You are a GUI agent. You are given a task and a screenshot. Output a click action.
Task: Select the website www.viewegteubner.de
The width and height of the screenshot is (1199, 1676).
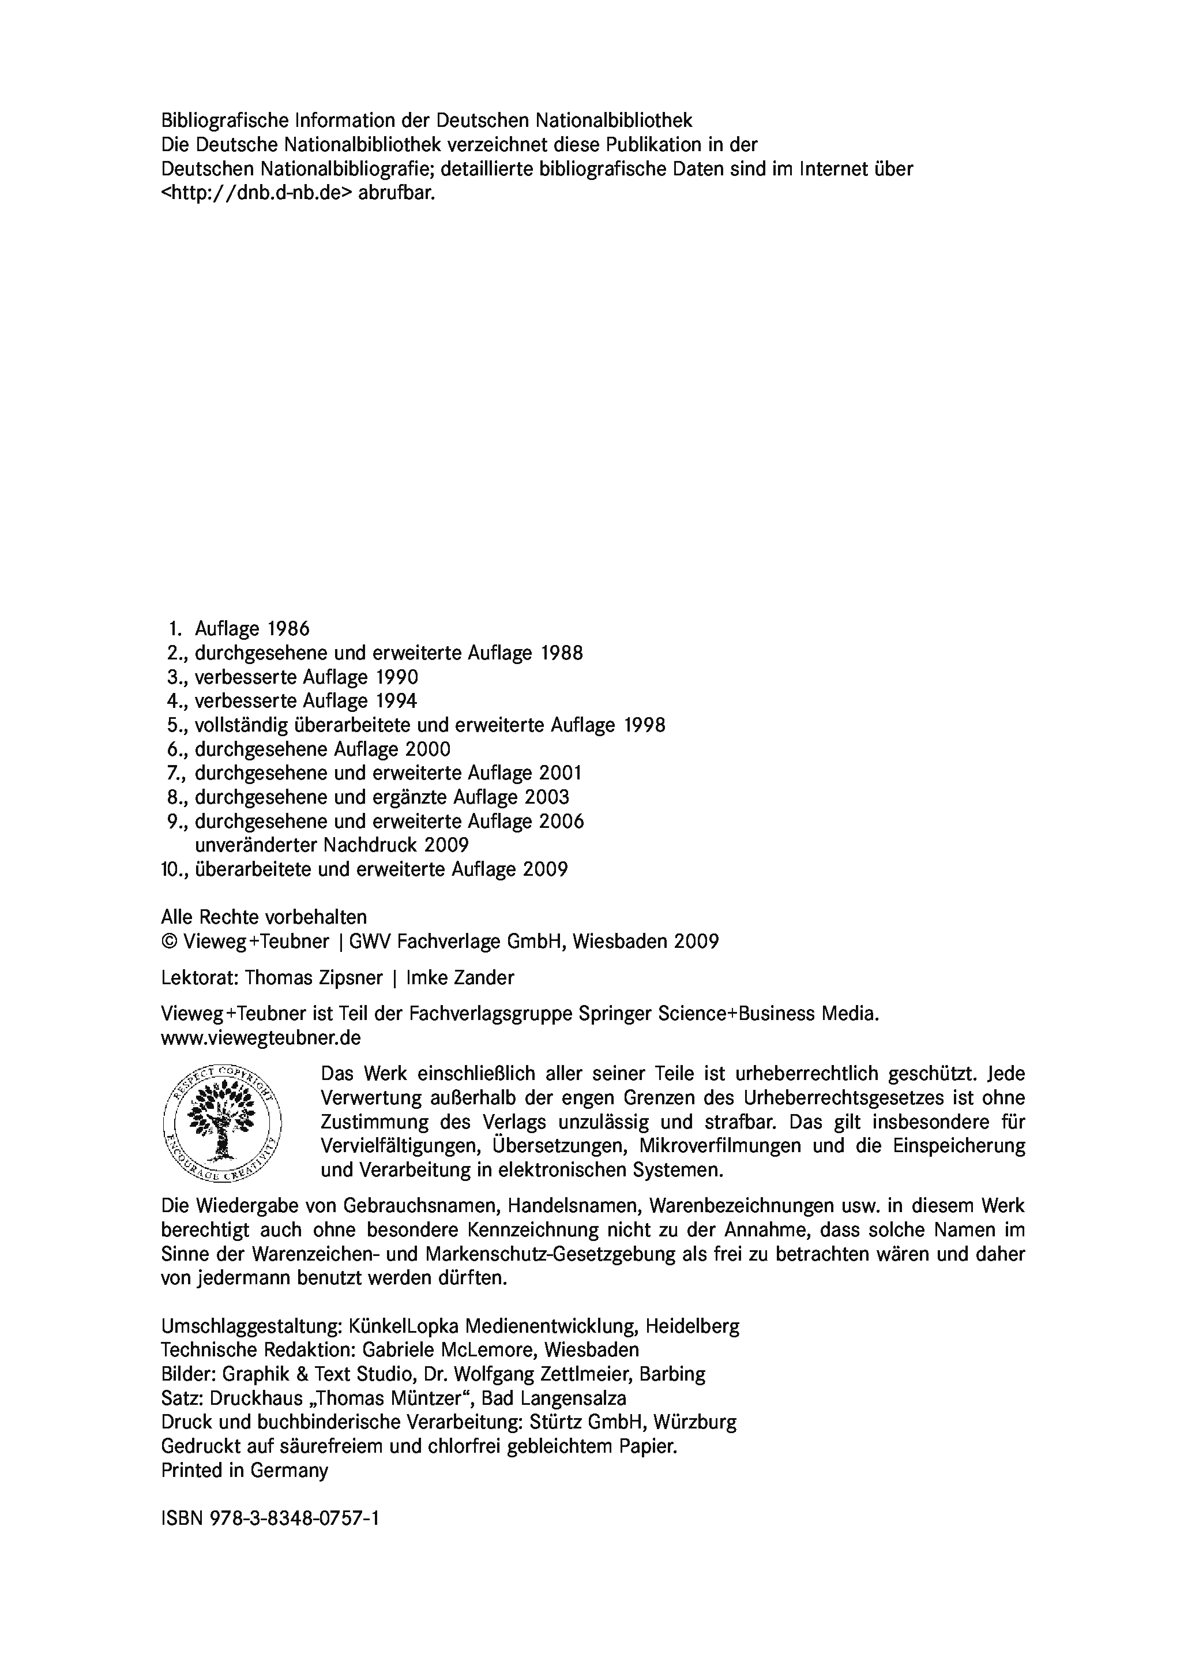pos(261,1038)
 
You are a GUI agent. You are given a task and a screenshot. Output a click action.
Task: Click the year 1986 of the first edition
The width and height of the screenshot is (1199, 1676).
pos(289,629)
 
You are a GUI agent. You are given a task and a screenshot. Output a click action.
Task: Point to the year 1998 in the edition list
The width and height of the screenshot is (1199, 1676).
pos(645,725)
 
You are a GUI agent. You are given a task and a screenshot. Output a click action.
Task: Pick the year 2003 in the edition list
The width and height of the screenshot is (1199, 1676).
pos(547,797)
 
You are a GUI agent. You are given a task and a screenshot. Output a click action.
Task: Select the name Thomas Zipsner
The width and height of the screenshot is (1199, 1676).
pos(314,978)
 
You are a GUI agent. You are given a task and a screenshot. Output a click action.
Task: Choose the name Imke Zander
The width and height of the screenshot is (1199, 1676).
pos(460,978)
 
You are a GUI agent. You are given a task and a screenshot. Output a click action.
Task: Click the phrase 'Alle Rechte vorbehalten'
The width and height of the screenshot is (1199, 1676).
pos(264,917)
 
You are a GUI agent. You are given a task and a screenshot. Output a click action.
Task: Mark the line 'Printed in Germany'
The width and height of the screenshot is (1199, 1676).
pos(245,1470)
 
